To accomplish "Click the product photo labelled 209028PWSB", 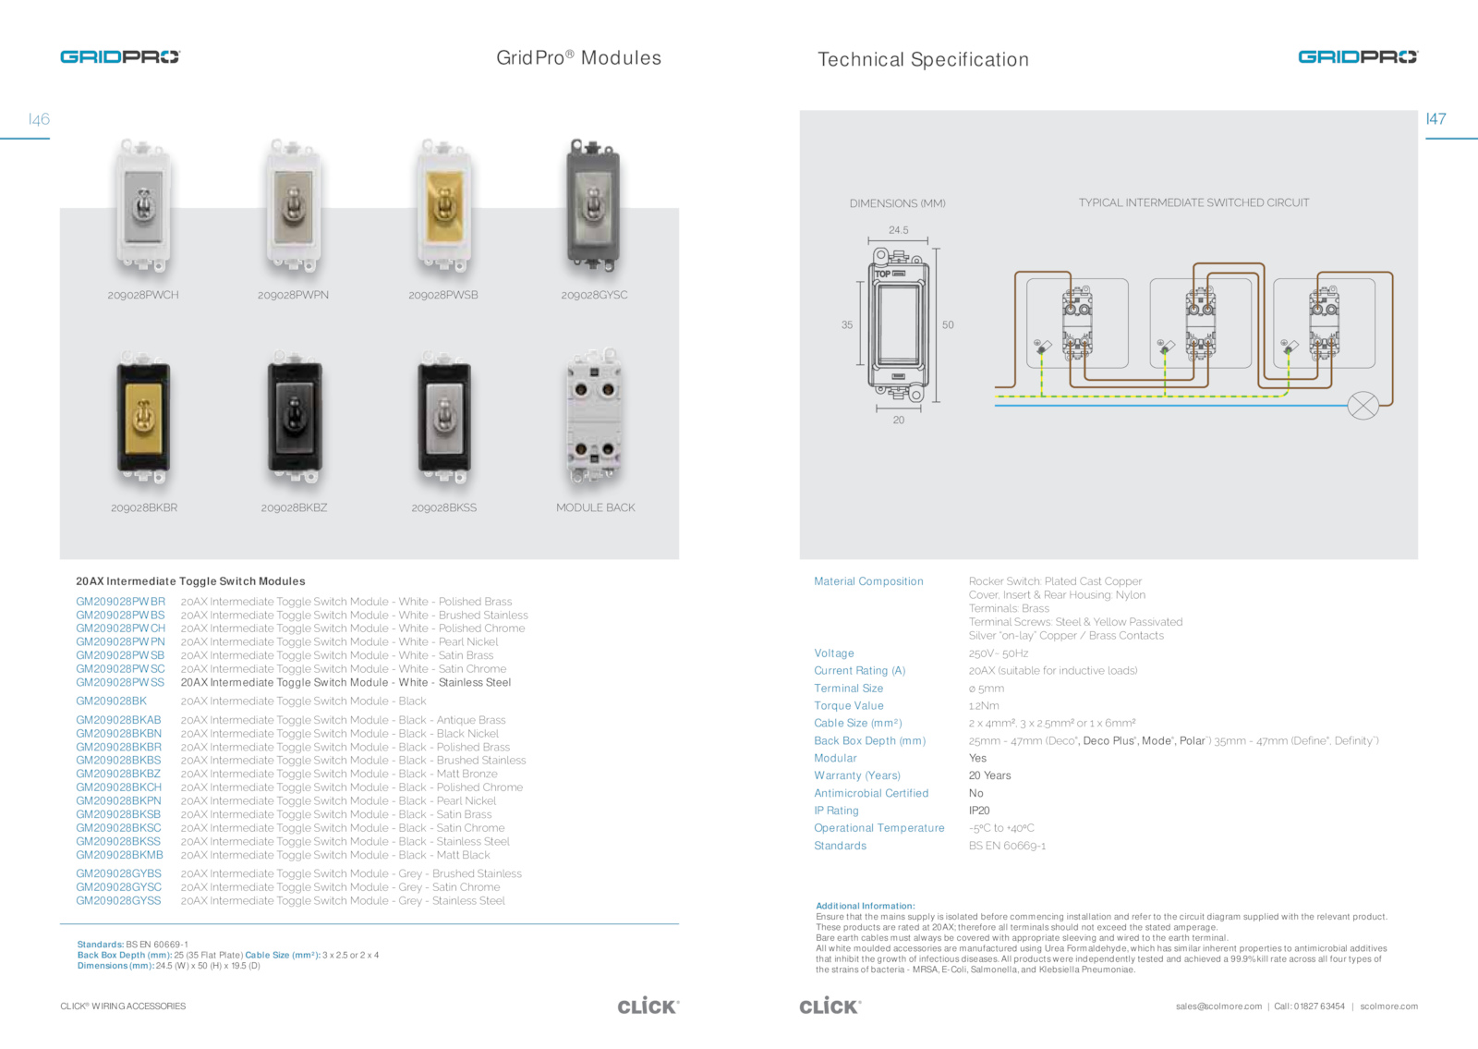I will pyautogui.click(x=443, y=208).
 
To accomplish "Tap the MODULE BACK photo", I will pyautogui.click(x=594, y=419).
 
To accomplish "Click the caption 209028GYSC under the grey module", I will pyautogui.click(x=594, y=295).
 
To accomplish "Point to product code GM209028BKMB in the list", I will pyautogui.click(x=119, y=855).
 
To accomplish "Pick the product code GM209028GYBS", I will pyautogui.click(x=118, y=873).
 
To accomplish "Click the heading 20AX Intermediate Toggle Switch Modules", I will pyautogui.click(x=190, y=581).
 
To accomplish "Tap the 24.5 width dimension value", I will pyautogui.click(x=898, y=230).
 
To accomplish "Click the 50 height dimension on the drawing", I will pyautogui.click(x=948, y=325).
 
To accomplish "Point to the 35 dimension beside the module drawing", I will pyautogui.click(x=847, y=325).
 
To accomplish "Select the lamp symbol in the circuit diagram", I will pyautogui.click(x=1363, y=405).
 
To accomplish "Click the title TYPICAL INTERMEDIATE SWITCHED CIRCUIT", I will pyautogui.click(x=1193, y=202).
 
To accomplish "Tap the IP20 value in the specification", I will pyautogui.click(x=979, y=811).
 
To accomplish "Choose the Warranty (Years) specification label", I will pyautogui.click(x=856, y=775).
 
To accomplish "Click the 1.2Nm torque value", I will pyautogui.click(x=984, y=705).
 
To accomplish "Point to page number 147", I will pyautogui.click(x=1436, y=119).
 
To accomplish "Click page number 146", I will pyautogui.click(x=40, y=119).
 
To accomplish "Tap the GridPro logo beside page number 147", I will pyautogui.click(x=1357, y=57).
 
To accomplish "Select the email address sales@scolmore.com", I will pyautogui.click(x=1218, y=1006).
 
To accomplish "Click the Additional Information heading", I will pyautogui.click(x=865, y=906).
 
